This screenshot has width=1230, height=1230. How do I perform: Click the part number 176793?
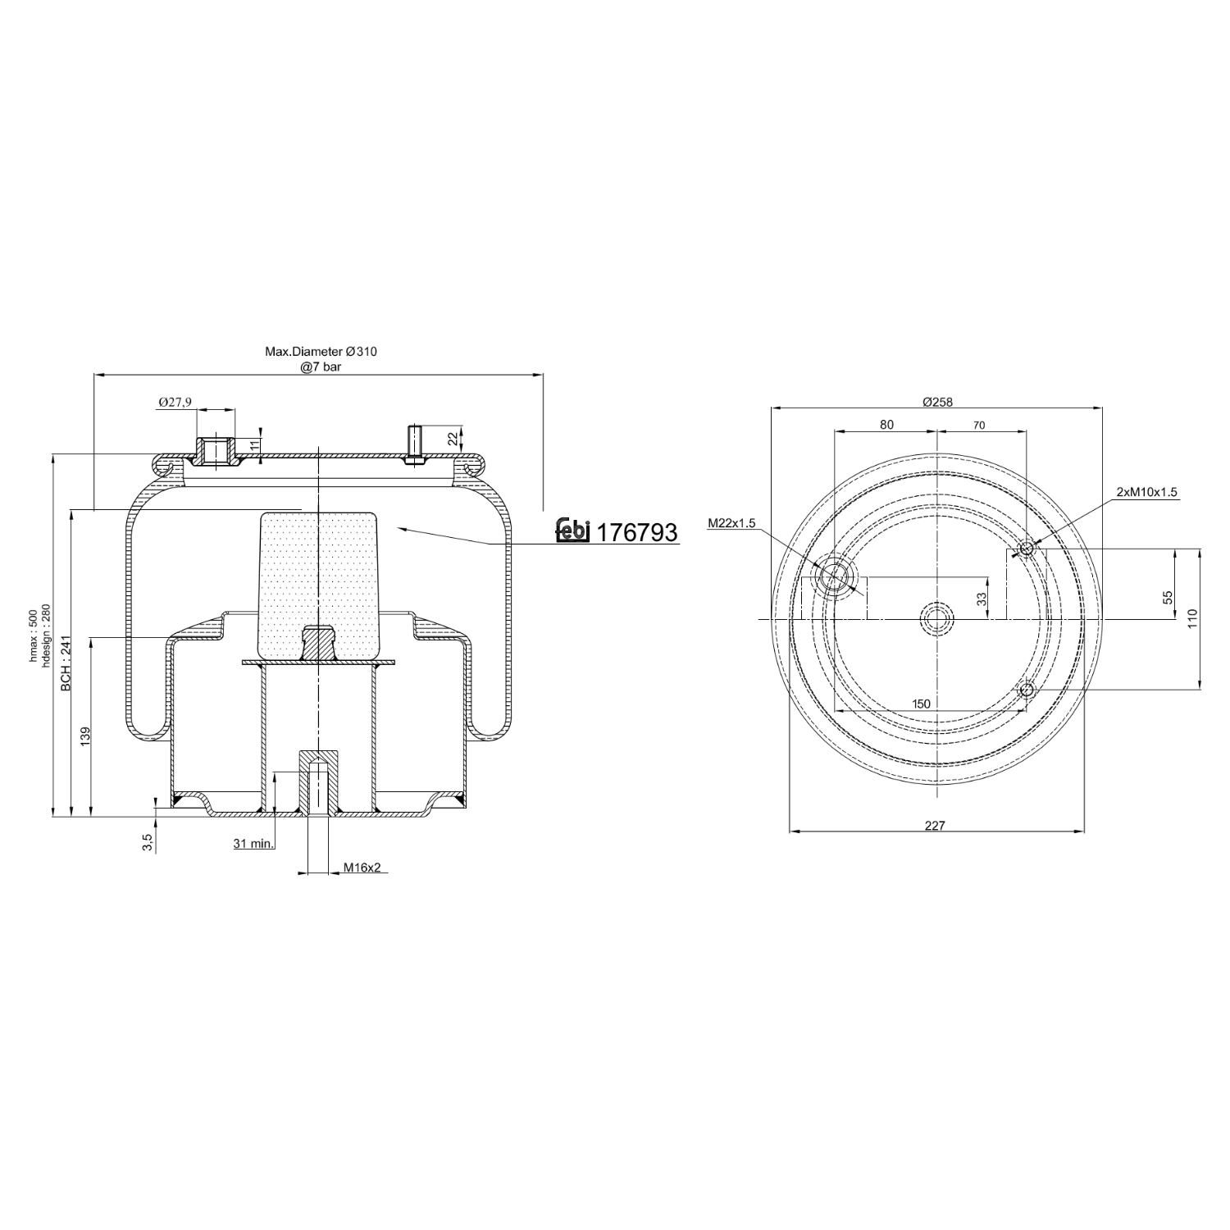636,533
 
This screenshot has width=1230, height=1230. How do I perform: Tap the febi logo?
573,531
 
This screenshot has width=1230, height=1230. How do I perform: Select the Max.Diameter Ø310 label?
321,351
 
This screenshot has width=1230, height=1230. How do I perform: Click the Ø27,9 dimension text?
175,402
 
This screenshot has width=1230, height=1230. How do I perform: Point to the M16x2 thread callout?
362,867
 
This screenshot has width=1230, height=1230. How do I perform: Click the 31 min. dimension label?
253,843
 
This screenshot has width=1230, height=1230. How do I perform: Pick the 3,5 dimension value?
147,842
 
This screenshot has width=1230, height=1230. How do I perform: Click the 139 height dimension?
85,735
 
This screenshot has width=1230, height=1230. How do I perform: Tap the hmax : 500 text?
34,635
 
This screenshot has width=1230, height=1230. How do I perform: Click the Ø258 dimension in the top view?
937,402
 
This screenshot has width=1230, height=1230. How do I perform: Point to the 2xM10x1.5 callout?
1146,492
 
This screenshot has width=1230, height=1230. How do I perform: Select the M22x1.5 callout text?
731,523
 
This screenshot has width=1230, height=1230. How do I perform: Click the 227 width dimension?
935,826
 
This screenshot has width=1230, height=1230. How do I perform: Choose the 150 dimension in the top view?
921,704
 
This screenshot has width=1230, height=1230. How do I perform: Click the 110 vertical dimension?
1192,617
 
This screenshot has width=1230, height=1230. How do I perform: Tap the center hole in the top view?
936,617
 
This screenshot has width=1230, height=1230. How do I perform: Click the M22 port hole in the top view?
835,576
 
